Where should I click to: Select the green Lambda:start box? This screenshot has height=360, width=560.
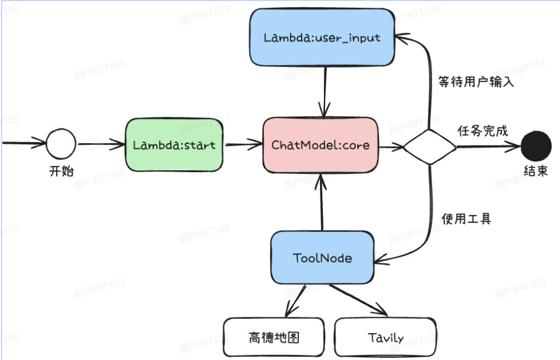coord(174,145)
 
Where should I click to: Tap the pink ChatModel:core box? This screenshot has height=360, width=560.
coord(320,145)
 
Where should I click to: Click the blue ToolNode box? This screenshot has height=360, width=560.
coord(322,258)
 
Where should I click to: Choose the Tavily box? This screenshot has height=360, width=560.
coord(385,338)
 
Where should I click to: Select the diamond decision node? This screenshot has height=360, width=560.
coord(429,146)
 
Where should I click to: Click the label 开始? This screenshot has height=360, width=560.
coord(61,171)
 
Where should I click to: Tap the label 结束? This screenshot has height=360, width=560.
coord(535,171)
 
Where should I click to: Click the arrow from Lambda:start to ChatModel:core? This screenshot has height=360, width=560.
coord(244,145)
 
